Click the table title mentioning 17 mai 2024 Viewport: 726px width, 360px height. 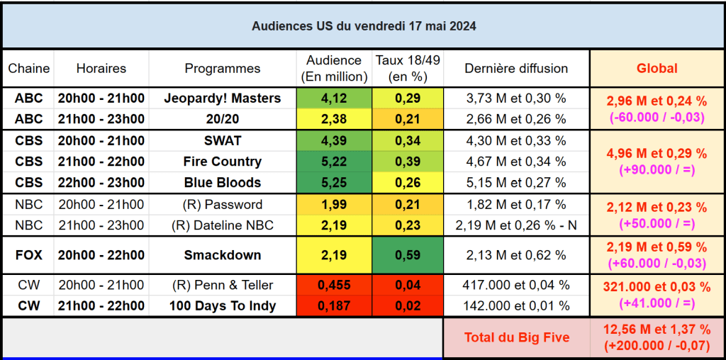(364, 26)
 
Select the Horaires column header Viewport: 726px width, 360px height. (101, 69)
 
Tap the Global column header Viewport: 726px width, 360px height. (657, 69)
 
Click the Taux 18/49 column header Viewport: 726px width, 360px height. (408, 69)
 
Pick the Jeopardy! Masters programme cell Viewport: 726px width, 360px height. (223, 99)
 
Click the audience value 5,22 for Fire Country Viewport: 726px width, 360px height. (334, 162)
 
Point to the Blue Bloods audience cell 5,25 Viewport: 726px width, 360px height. (334, 183)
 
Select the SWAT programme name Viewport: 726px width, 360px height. (223, 140)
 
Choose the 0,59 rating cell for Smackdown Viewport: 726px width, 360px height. (408, 255)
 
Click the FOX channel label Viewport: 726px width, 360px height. (29, 255)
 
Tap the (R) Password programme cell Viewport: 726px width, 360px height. (223, 205)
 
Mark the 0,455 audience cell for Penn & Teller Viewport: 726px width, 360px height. (334, 286)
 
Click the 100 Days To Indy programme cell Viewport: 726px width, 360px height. (223, 306)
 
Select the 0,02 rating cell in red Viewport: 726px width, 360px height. (408, 306)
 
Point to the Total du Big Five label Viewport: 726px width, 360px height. (516, 337)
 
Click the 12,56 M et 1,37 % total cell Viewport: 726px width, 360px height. (657, 337)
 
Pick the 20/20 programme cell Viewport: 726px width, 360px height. (223, 119)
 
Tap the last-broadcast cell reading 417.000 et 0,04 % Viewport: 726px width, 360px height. (516, 286)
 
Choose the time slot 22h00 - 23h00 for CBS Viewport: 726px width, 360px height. (101, 183)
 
